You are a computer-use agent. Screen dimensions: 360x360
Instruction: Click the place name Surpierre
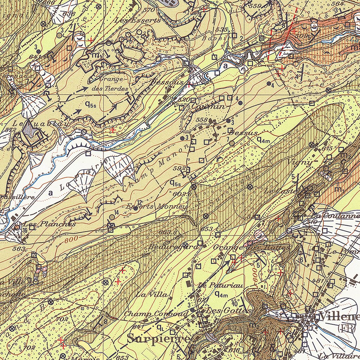[x=159, y=339]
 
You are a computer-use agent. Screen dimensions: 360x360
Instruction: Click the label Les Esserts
[x=138, y=20]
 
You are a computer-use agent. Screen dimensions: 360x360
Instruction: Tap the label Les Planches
[x=49, y=224]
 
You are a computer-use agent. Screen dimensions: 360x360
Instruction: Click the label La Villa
[x=151, y=294]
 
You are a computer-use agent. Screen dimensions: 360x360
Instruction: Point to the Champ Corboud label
[x=156, y=313]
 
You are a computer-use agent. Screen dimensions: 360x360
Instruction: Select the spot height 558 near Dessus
[x=202, y=120]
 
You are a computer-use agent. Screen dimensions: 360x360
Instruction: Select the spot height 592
[x=179, y=168]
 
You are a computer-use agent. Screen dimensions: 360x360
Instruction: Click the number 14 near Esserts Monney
[x=117, y=212]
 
